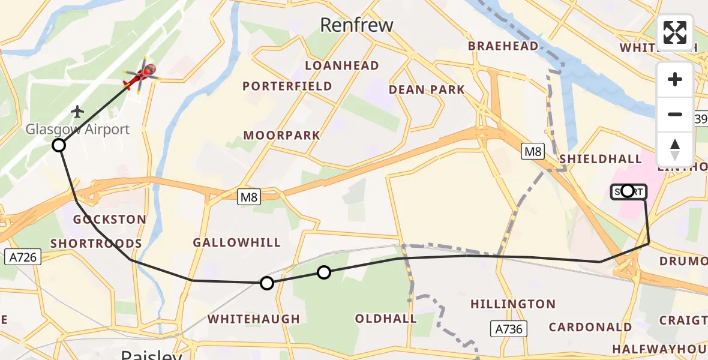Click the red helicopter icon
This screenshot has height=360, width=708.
click(140, 76)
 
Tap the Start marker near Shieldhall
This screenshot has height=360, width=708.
click(628, 191)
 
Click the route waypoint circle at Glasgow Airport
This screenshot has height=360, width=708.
click(59, 145)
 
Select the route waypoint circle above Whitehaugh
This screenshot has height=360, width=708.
click(266, 283)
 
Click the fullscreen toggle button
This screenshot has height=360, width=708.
click(675, 32)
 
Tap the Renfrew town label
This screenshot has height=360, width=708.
click(356, 25)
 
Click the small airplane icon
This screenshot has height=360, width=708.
click(77, 112)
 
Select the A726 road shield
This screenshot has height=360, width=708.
click(23, 257)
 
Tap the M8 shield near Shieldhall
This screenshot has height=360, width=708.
click(532, 152)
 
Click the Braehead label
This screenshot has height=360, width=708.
click(503, 46)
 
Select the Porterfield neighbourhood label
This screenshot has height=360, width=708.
click(287, 86)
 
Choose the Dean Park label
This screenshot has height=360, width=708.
click(427, 90)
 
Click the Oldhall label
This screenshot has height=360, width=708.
click(386, 319)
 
